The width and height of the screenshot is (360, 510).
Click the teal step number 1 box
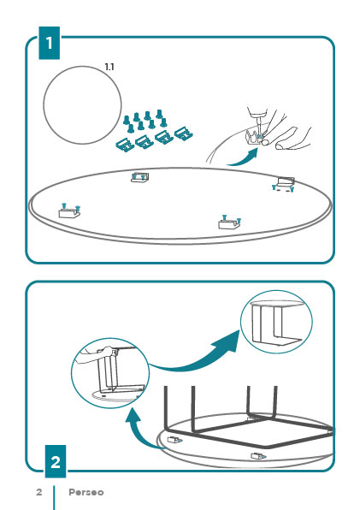pos(49,43)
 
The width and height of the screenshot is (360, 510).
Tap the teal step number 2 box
pos(56,461)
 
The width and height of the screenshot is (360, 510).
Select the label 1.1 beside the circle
pos(109,67)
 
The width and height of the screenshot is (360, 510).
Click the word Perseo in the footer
pos(86,492)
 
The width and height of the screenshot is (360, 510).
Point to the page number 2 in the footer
pos(39,492)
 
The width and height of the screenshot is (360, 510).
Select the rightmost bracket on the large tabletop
pos(285,184)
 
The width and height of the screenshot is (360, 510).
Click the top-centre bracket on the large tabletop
pos(139,177)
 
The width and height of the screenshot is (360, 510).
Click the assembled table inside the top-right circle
pos(276,322)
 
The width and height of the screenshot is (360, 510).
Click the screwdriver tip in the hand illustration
pos(260,134)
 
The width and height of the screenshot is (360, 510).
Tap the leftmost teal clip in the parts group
pos(125,145)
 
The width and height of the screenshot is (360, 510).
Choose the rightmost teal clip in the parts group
pos(184,134)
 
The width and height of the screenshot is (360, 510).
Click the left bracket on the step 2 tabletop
pos(174,440)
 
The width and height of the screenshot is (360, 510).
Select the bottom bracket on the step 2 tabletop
pos(258,456)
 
